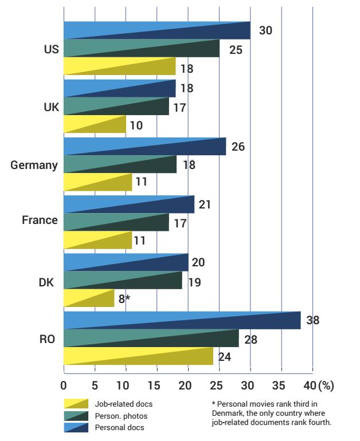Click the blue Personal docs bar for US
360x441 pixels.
click(x=156, y=30)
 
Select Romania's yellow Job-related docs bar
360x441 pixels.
click(x=138, y=356)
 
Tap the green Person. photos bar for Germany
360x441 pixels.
click(x=120, y=164)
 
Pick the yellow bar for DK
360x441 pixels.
click(x=89, y=298)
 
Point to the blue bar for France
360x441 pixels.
click(x=129, y=204)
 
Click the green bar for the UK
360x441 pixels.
click(x=116, y=107)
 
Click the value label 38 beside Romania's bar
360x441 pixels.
click(x=313, y=321)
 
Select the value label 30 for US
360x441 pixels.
click(x=265, y=30)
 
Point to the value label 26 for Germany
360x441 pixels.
click(x=238, y=147)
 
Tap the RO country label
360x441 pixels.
click(x=48, y=338)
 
